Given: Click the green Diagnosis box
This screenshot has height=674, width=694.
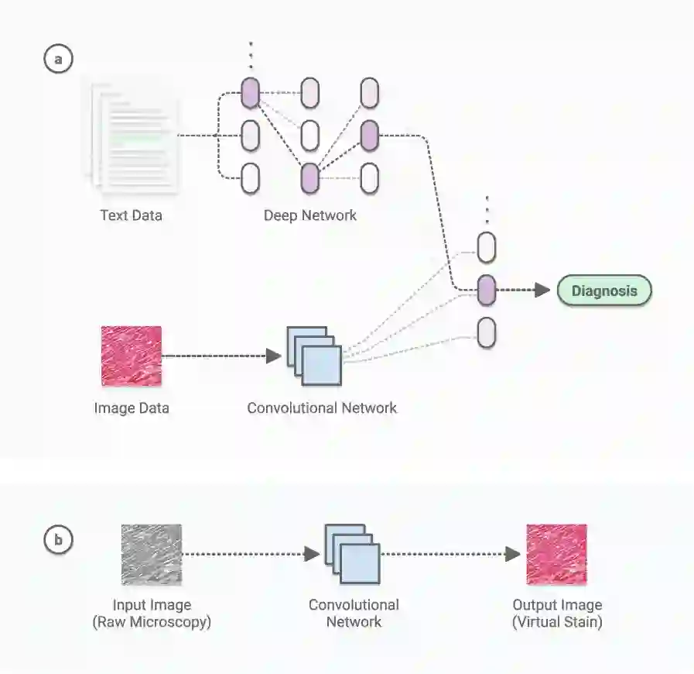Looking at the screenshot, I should click(x=604, y=291).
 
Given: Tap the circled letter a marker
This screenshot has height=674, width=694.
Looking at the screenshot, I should click(x=58, y=60).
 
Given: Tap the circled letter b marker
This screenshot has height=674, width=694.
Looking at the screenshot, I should click(x=58, y=540).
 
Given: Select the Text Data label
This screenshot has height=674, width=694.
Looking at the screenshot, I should click(x=131, y=215).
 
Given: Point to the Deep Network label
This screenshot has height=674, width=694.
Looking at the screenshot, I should click(x=309, y=215).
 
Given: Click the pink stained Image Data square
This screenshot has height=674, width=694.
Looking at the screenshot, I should click(x=132, y=356).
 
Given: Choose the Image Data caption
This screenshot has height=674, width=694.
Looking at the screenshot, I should click(x=131, y=407).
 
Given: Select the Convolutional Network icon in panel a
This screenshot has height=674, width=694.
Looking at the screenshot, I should click(x=313, y=356).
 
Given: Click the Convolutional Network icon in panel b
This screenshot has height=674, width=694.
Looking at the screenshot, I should click(x=352, y=553).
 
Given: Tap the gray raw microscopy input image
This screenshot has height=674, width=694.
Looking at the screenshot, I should click(x=151, y=554).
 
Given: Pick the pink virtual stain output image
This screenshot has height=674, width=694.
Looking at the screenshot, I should click(x=556, y=554).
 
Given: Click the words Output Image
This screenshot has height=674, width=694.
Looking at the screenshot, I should click(x=556, y=605).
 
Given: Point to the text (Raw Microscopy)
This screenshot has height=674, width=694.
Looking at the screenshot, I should click(x=151, y=621).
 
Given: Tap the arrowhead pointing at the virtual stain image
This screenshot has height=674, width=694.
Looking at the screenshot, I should click(x=512, y=554).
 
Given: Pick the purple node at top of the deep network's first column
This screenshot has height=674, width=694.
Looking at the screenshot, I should click(x=250, y=94).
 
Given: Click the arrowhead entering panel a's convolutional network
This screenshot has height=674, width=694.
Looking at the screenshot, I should click(x=272, y=356).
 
